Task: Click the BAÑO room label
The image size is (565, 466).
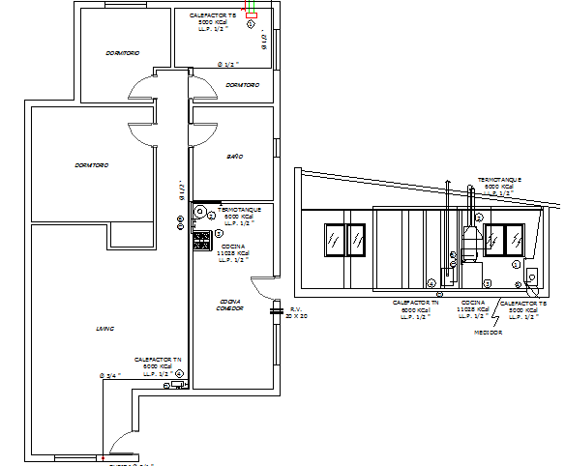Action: tap(235, 156)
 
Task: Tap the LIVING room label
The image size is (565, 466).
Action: tap(104, 329)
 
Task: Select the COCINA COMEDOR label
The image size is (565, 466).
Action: tap(229, 305)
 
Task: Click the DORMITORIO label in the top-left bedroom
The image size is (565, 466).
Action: tap(123, 52)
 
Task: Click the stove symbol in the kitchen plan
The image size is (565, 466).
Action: tap(202, 239)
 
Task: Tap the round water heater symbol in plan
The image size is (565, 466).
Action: tap(199, 211)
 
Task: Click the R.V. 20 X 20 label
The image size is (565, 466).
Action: tap(297, 312)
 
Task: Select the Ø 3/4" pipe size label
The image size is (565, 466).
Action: tap(109, 374)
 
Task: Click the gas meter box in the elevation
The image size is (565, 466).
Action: tap(534, 279)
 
